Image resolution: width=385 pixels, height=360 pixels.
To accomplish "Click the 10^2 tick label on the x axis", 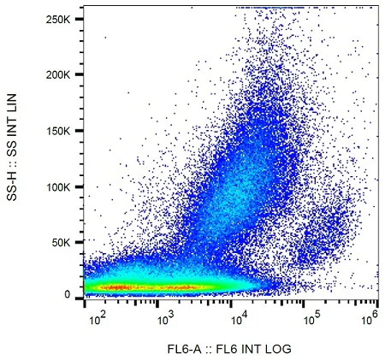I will (x=98, y=316).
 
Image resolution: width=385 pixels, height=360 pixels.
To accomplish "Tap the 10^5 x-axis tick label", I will (x=311, y=316).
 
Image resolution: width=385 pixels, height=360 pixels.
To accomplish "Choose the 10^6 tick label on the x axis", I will (x=371, y=316).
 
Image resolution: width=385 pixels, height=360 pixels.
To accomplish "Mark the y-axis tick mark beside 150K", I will (x=82, y=131).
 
